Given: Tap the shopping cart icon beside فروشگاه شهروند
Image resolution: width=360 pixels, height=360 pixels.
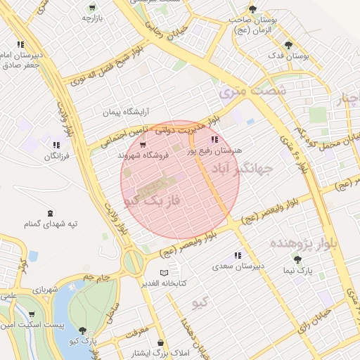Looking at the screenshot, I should pos(143,145).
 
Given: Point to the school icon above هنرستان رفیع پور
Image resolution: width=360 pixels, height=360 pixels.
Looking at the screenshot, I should pos(214,139).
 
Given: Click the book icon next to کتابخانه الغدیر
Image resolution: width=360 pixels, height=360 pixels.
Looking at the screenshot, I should pos(164,273).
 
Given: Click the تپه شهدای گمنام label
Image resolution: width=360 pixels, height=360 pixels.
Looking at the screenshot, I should pos(50,224).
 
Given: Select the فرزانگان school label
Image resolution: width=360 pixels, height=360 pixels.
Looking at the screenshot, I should pos(57,156).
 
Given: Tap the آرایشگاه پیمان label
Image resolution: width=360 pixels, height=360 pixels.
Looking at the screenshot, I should pos(127,112).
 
